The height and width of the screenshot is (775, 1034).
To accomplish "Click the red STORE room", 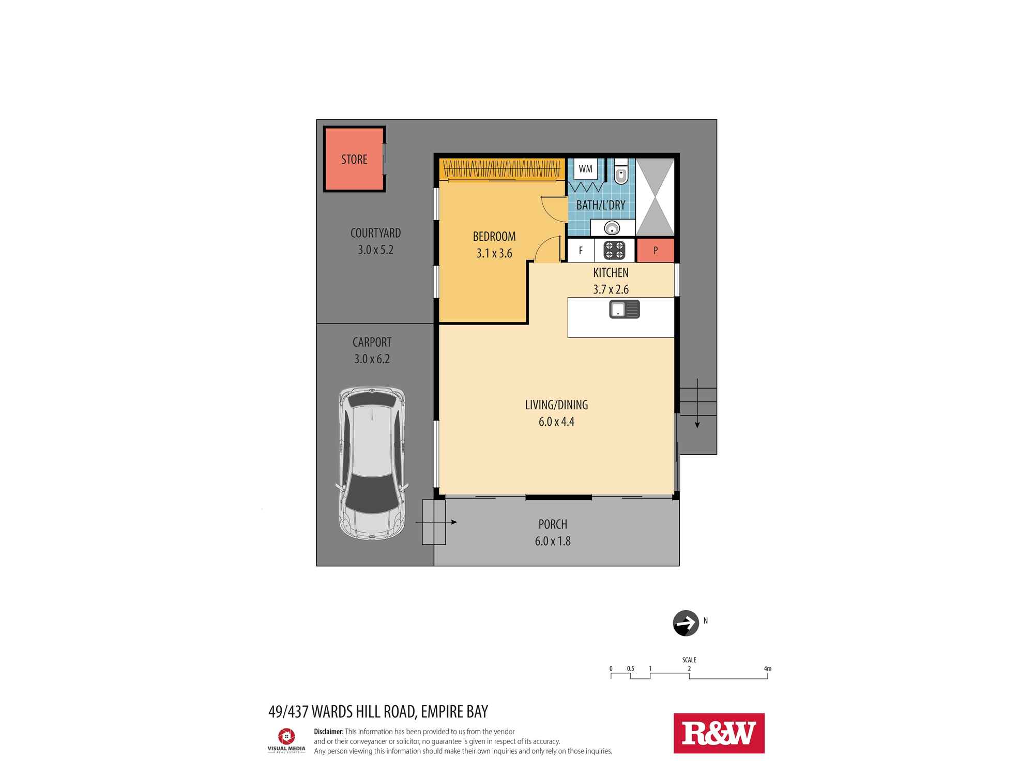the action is (x=354, y=159).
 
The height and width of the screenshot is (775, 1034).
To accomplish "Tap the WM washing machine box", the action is (x=586, y=169).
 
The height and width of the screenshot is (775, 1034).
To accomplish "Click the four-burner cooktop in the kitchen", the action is (x=614, y=251).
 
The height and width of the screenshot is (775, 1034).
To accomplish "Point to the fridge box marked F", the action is (x=581, y=251).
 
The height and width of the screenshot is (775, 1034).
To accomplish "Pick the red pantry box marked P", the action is (x=655, y=251).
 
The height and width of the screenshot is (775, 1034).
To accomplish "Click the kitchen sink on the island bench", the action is (x=625, y=309).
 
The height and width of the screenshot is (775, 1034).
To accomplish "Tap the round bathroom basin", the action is (x=613, y=228).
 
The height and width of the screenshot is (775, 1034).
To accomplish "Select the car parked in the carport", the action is (x=372, y=463).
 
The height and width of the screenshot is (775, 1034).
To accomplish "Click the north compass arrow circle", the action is (x=686, y=623).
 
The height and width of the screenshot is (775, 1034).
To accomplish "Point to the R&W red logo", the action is (x=719, y=733).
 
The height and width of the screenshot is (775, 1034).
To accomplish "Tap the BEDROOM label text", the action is (x=494, y=237).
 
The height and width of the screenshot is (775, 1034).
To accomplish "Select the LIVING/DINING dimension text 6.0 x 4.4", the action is (x=556, y=422).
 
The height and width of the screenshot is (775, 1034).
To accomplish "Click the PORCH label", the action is (x=553, y=524).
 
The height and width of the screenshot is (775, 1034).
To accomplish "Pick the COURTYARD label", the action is (x=375, y=233).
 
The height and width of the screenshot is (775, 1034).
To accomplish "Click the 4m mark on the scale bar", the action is (x=768, y=669).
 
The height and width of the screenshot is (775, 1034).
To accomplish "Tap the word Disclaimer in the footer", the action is (x=329, y=732).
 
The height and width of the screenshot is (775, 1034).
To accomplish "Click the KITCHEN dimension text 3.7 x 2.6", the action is (x=611, y=289).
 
